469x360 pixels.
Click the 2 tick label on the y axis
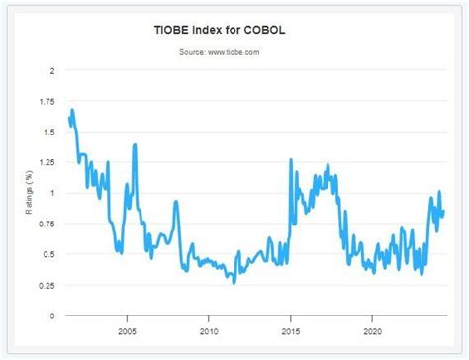coord(52,70)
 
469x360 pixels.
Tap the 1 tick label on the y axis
coord(52,193)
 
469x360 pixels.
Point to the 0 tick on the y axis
coord(52,315)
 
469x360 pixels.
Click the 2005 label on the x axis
coord(127,330)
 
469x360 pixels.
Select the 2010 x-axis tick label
coord(209,330)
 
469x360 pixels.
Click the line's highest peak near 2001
coord(72,110)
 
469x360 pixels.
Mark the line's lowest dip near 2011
coord(234,283)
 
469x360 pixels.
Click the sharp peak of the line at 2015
coord(291,160)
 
